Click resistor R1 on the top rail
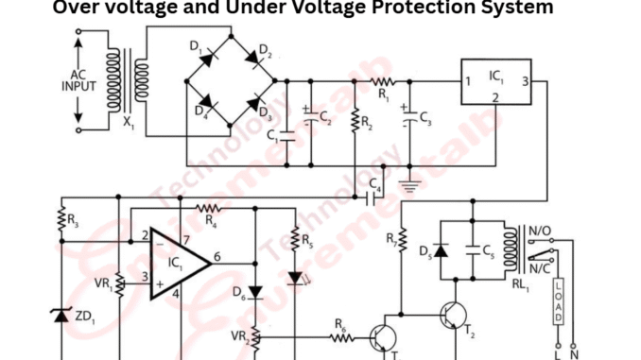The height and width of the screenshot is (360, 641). click(383, 80)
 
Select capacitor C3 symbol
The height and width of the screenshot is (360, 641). click(408, 118)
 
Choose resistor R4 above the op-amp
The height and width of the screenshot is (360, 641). click(208, 207)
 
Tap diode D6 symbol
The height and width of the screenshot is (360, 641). click(255, 293)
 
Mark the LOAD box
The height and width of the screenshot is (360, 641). click(559, 302)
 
